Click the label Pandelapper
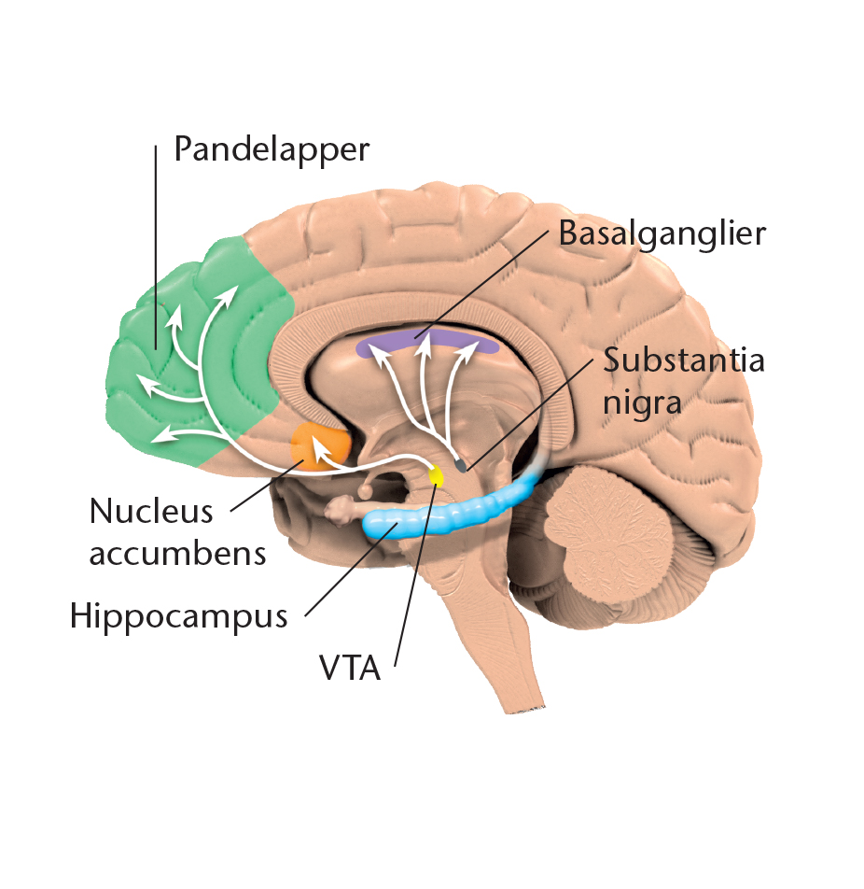pyautogui.click(x=272, y=149)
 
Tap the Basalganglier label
pyautogui.click(x=662, y=233)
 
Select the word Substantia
pyautogui.click(x=684, y=360)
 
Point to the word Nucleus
pyautogui.click(x=151, y=512)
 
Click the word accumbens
pyautogui.click(x=178, y=554)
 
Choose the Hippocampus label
pyautogui.click(x=178, y=617)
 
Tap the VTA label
pyautogui.click(x=350, y=668)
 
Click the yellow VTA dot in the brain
pyautogui.click(x=436, y=475)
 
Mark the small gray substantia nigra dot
pyautogui.click(x=462, y=465)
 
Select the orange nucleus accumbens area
pyautogui.click(x=320, y=446)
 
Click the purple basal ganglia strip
pyautogui.click(x=427, y=342)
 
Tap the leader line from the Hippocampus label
pyautogui.click(x=351, y=570)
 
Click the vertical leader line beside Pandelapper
pyautogui.click(x=156, y=247)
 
